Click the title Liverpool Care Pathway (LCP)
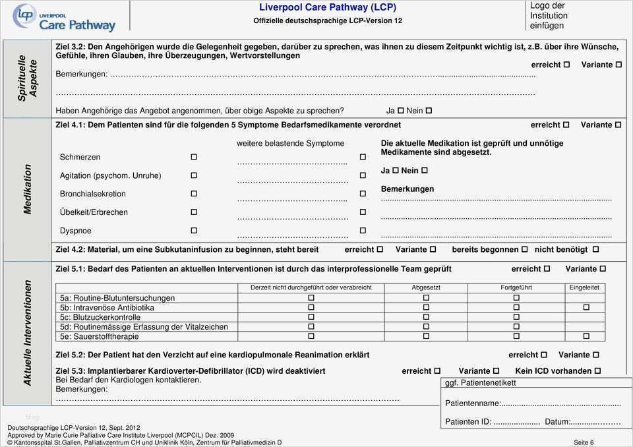click(328, 7)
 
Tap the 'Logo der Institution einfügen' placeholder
click(549, 15)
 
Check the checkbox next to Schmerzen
click(194, 157)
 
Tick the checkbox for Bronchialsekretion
click(194, 194)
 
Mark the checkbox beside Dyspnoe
click(194, 231)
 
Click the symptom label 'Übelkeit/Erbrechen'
click(94, 212)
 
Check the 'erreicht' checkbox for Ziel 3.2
click(566, 65)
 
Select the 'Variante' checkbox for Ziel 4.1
click(618, 125)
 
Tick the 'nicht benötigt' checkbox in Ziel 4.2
click(595, 250)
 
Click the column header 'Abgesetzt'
click(426, 288)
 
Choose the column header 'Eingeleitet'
click(586, 288)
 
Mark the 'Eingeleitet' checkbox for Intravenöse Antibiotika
click(586, 308)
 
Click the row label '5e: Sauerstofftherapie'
click(99, 336)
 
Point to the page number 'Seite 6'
click(584, 442)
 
